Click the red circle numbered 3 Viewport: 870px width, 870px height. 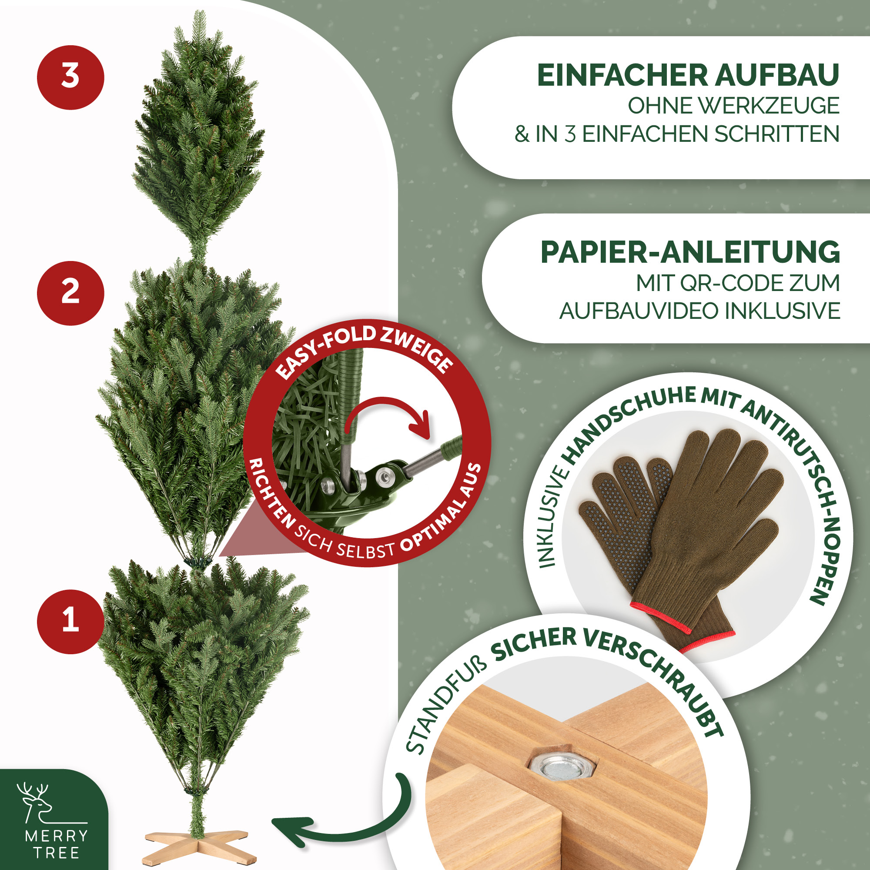(x=70, y=77)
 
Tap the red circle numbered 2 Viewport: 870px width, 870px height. (x=70, y=293)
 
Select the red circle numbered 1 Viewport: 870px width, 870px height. (x=70, y=622)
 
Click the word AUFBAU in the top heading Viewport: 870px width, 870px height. (x=777, y=75)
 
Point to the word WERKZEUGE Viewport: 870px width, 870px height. (x=733, y=106)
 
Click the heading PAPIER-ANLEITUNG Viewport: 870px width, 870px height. (x=690, y=252)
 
